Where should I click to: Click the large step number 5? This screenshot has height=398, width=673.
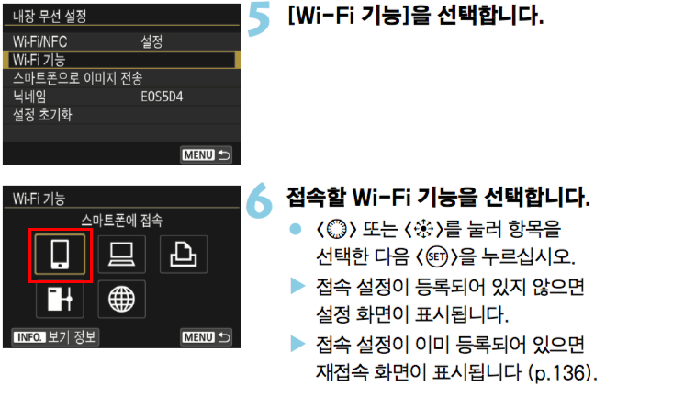point(259,19)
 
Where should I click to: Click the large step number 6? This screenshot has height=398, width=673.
point(259,200)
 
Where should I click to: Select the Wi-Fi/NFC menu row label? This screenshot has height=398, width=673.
point(39,41)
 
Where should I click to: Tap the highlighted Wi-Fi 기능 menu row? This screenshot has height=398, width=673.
point(122,60)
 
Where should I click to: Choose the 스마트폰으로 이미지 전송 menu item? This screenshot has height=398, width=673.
point(77,78)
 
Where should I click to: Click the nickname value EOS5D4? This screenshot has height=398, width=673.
point(162,97)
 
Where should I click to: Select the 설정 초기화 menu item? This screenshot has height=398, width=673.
point(42,115)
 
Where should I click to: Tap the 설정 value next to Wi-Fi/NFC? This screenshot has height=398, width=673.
point(151,41)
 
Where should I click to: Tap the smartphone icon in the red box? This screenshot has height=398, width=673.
point(60,255)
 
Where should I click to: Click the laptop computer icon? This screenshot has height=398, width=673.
point(121,255)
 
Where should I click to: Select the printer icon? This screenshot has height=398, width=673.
point(184,255)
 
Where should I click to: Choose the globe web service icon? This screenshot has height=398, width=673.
point(121,299)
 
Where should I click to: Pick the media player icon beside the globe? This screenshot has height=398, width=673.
point(60,299)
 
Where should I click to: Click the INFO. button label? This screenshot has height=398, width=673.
point(29,337)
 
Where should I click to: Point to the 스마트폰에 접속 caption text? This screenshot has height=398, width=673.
point(122,221)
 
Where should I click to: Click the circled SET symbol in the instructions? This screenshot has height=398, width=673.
point(436,257)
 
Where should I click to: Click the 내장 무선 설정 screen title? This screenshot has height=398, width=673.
point(50,17)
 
